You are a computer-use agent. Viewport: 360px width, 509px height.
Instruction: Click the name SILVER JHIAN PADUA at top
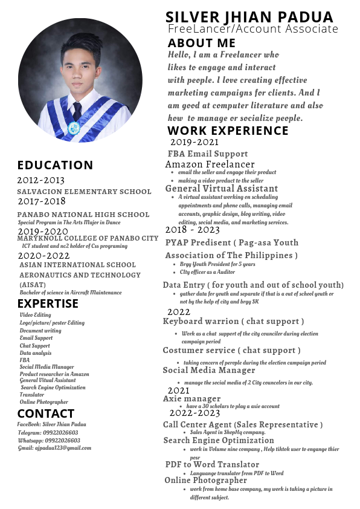coord(249,16)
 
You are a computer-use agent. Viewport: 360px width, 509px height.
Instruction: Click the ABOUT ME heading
coord(201,43)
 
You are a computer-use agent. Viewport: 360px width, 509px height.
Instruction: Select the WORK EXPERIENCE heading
coord(228,131)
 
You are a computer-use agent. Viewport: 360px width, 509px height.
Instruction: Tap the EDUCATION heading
coord(55,165)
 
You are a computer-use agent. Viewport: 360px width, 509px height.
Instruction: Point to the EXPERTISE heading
coord(48,303)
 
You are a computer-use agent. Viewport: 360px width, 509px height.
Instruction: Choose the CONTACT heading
coord(45,413)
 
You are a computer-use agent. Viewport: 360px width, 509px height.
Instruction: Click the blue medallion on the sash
coord(74,128)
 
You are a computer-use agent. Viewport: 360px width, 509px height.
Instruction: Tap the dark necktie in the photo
coord(77,111)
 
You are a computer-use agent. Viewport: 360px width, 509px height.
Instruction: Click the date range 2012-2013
coord(40,180)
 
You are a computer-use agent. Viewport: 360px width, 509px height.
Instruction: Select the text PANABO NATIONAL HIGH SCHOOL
coord(83,214)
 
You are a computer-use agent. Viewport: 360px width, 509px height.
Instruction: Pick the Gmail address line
coord(54,448)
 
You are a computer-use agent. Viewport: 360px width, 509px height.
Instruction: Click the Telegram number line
coord(48,432)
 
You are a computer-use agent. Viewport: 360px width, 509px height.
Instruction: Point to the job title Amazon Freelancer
coord(210,164)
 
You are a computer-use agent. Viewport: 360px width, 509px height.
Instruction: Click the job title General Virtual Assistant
coord(221,189)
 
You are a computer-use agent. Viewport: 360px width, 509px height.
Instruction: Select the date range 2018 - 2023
coord(192,230)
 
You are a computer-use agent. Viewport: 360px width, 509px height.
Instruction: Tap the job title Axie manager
coord(191,398)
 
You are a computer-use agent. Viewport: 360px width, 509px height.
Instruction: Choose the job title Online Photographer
coord(205,480)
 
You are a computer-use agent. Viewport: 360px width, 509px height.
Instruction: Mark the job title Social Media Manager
coord(208,370)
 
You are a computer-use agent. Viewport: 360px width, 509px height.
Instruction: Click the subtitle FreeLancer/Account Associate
coord(252,29)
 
